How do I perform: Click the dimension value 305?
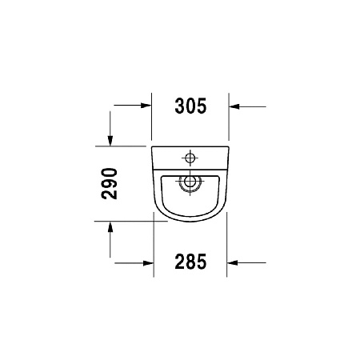pyautogui.click(x=190, y=104)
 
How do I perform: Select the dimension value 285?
pyautogui.click(x=190, y=261)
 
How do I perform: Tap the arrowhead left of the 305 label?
pyautogui.click(x=148, y=105)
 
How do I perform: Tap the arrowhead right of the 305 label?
pyautogui.click(x=233, y=105)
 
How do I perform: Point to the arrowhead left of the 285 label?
pyautogui.click(x=148, y=262)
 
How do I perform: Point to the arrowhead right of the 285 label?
pyautogui.click(x=233, y=262)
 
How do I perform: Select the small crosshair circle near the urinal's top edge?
pyautogui.click(x=190, y=156)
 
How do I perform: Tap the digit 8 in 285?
pyautogui.click(x=190, y=261)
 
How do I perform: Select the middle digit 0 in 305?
pyautogui.click(x=190, y=104)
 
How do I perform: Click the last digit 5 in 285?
pyautogui.click(x=202, y=261)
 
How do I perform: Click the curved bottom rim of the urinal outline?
pyautogui.click(x=190, y=221)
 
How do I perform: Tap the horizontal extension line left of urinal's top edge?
pyautogui.click(x=128, y=146)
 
